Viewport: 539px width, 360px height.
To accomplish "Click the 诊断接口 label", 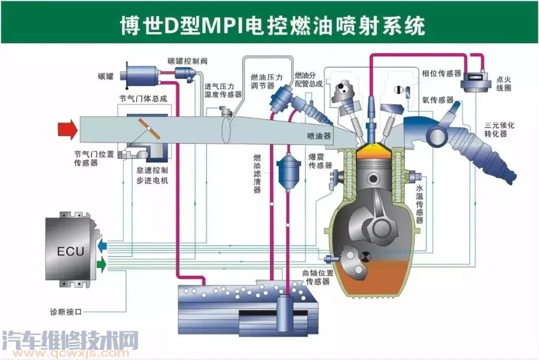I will [x=66, y=311].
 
